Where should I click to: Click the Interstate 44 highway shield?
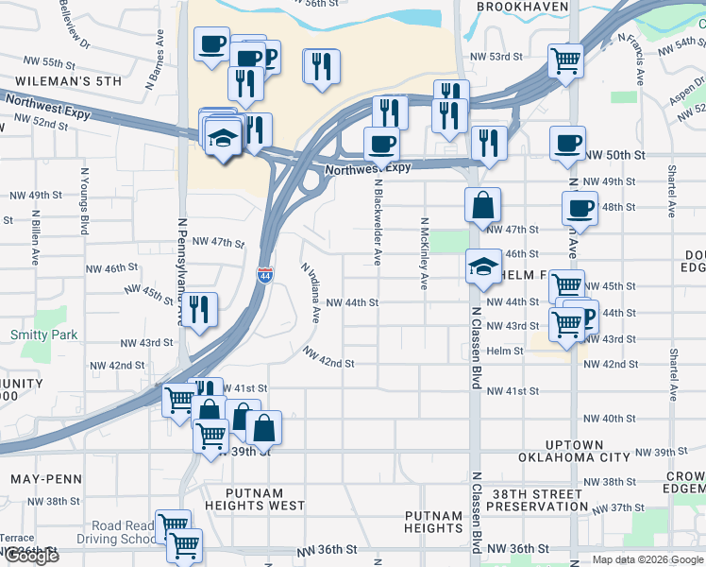(x=264, y=274)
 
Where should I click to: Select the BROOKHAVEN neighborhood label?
(x=522, y=7)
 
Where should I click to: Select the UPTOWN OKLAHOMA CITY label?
(x=573, y=451)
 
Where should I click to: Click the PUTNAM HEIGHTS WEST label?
(x=252, y=500)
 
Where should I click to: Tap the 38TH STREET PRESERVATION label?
(x=539, y=500)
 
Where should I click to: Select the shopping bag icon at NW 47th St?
(x=482, y=205)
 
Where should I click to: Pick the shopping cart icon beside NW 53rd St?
(x=564, y=61)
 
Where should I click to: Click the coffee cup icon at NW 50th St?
(x=568, y=144)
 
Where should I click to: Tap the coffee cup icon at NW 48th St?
(x=580, y=208)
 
